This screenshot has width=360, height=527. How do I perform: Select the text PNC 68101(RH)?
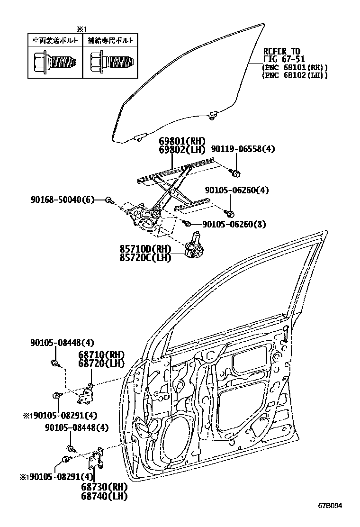294,68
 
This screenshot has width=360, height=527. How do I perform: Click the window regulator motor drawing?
194,245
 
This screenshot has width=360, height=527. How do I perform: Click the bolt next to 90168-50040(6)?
108,200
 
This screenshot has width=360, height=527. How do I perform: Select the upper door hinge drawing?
88,393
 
